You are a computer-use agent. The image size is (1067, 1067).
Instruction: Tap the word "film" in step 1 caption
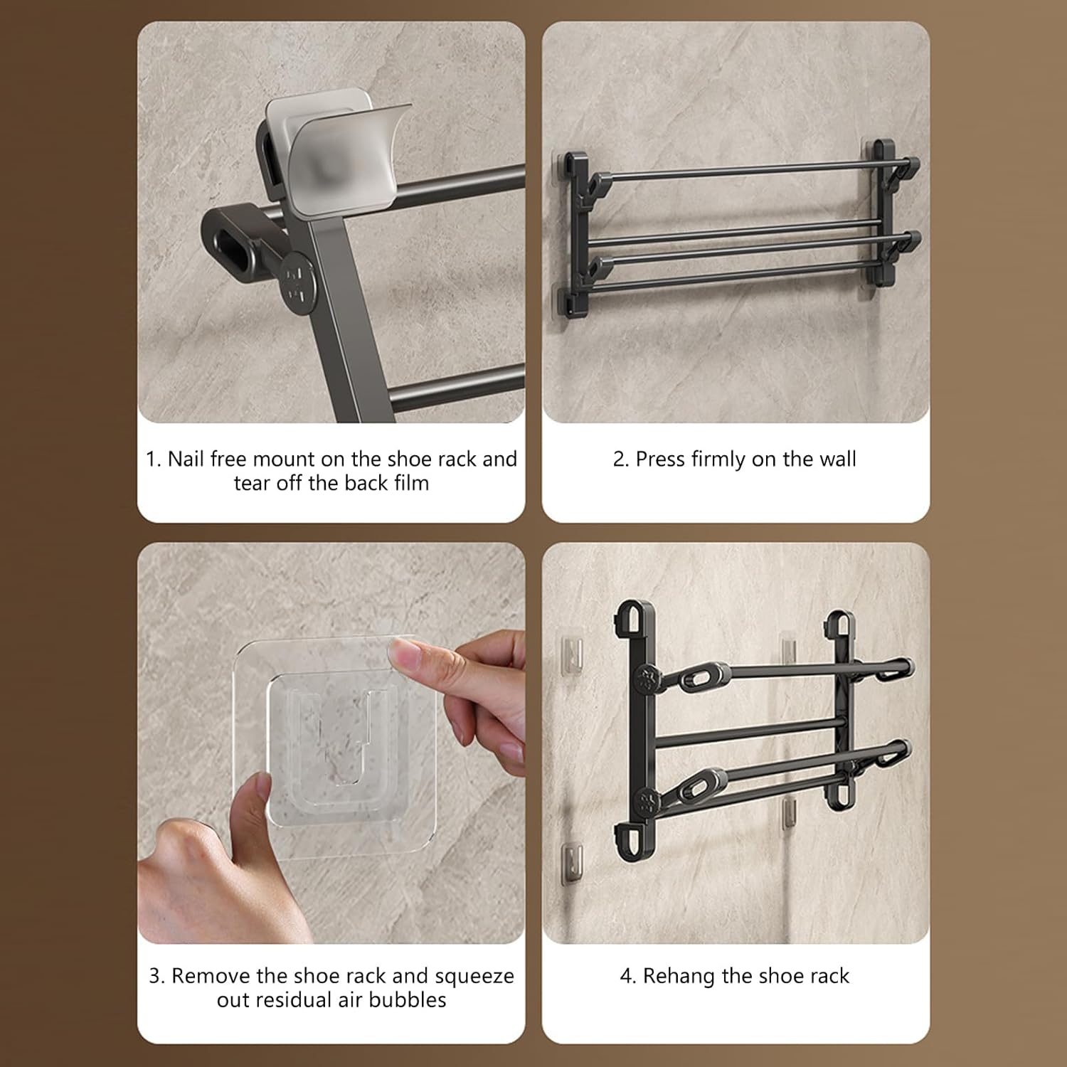coord(413,483)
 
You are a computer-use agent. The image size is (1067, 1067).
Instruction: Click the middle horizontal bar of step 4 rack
coord(747,732)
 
